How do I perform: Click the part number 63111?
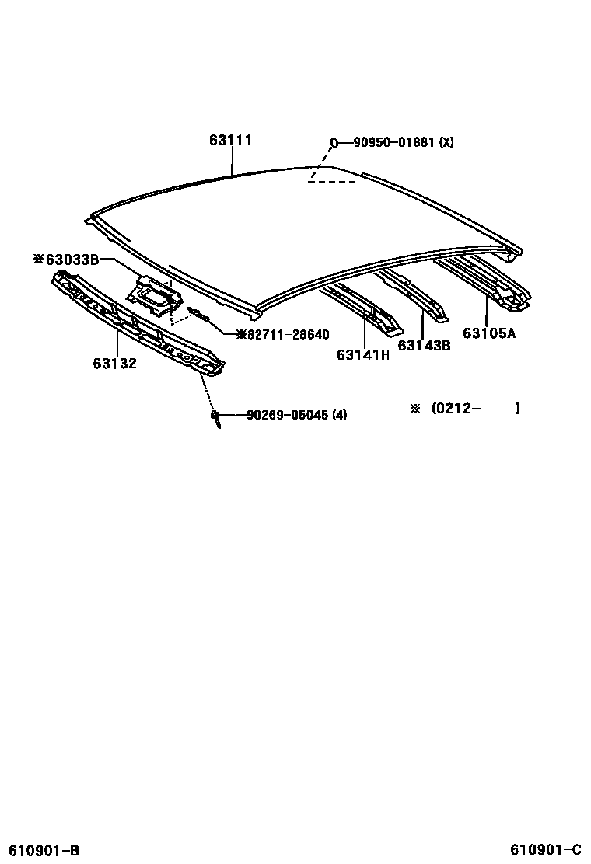[x=230, y=141]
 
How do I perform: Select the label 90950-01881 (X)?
[x=403, y=142]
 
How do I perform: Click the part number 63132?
[x=114, y=363]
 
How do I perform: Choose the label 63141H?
[x=362, y=354]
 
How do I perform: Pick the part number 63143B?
[x=424, y=346]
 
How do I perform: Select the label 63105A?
[x=489, y=333]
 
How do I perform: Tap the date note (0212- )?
[x=475, y=409]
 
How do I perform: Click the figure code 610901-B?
[x=44, y=850]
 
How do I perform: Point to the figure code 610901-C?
[x=546, y=848]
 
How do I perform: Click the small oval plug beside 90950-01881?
[x=334, y=142]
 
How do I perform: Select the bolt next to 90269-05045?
[x=215, y=416]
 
